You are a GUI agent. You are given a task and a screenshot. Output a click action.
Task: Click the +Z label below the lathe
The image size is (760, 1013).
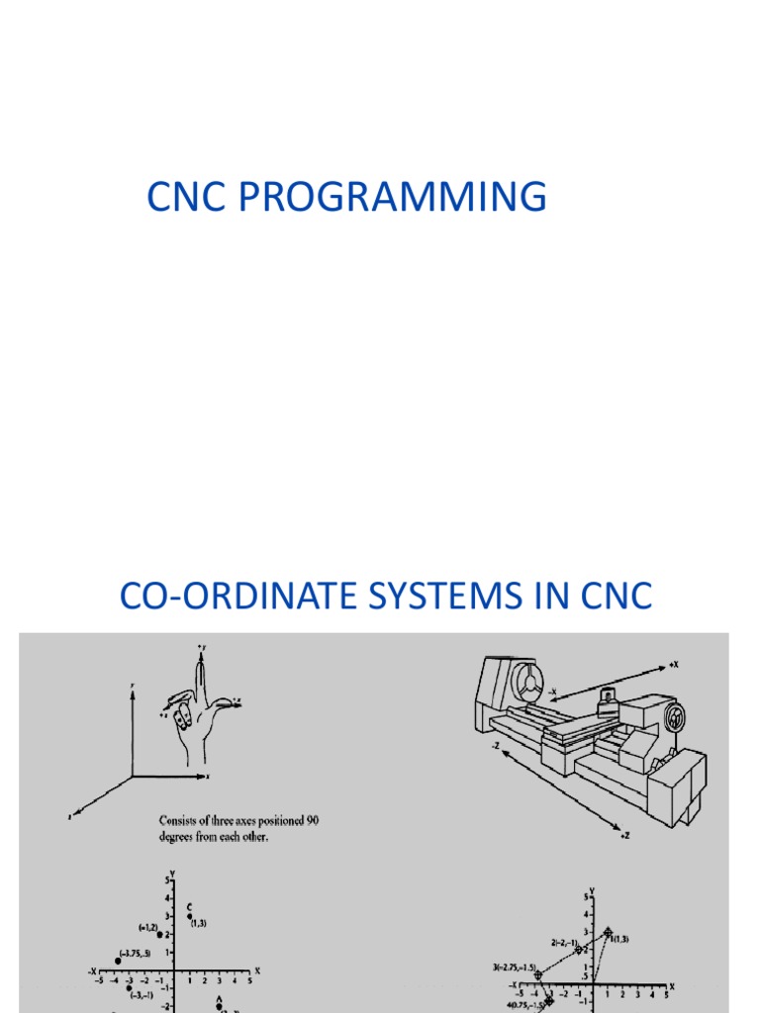point(625,836)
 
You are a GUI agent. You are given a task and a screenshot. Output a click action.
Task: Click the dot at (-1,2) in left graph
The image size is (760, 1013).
point(159,934)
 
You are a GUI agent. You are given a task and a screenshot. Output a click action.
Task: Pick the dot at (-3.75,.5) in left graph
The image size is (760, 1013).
point(117,958)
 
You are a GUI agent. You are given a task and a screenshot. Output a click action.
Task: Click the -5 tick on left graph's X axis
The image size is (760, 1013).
point(98,981)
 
